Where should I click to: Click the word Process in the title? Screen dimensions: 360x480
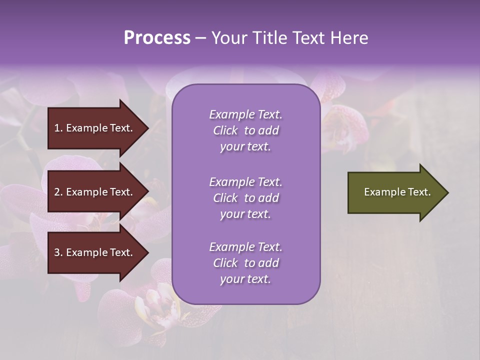coord(157,38)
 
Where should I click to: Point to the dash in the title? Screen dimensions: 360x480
coord(201,38)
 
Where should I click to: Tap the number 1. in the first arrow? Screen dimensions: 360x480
coord(58,128)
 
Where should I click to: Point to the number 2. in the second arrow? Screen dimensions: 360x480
coord(58,192)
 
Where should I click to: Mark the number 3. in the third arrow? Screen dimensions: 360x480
coord(58,252)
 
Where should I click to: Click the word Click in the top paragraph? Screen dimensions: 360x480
coord(225,130)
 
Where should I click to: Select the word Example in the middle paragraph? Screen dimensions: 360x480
coord(229,182)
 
